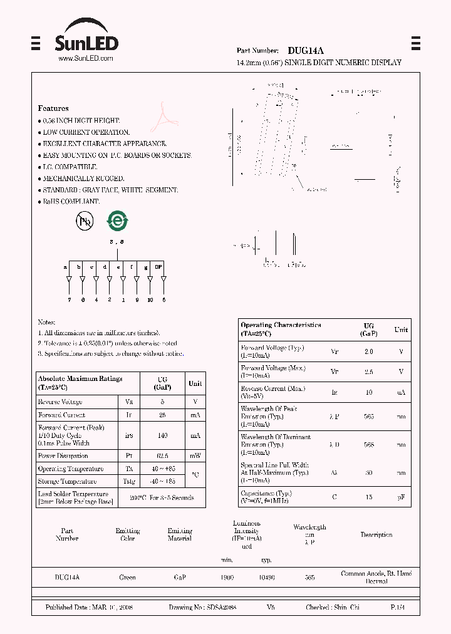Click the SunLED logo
(86, 38)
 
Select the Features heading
(53, 108)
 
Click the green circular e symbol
(117, 221)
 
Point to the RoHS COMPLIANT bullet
(70, 202)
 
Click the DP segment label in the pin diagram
(159, 267)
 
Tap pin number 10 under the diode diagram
(150, 300)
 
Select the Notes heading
(46, 322)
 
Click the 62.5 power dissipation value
(162, 456)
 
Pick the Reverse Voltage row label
(60, 402)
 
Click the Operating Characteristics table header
(281, 329)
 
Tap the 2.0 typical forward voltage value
(368, 351)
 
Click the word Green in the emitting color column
(127, 578)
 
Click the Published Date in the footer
(88, 608)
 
